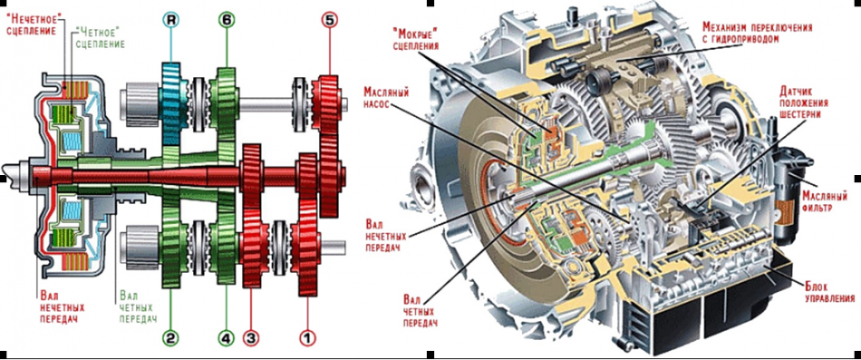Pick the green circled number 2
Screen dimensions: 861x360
pos(172,338)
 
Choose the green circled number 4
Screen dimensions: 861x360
pos(227,338)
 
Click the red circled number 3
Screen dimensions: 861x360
pos(251,338)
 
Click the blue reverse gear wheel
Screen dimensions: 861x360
pos(172,104)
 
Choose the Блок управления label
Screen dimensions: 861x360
pos(829,293)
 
